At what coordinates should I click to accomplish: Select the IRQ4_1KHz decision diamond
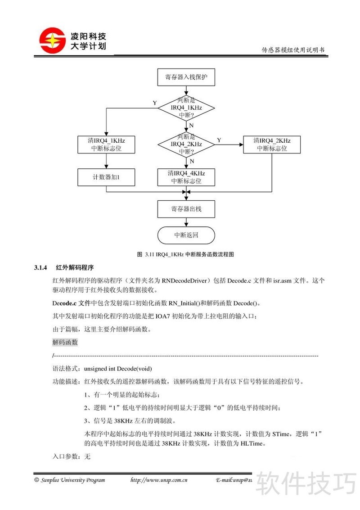click(186, 108)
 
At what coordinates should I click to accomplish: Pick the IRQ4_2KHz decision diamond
click(186, 144)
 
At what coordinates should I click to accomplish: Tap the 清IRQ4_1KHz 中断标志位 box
click(106, 144)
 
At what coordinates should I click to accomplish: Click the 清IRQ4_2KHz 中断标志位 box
click(272, 144)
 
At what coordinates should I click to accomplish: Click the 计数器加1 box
click(106, 177)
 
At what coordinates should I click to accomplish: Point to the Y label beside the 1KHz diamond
click(155, 103)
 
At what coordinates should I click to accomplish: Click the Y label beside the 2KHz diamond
click(219, 140)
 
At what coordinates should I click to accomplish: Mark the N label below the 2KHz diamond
click(192, 161)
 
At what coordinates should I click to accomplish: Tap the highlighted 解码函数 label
click(65, 343)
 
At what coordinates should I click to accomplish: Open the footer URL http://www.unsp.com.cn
click(159, 480)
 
